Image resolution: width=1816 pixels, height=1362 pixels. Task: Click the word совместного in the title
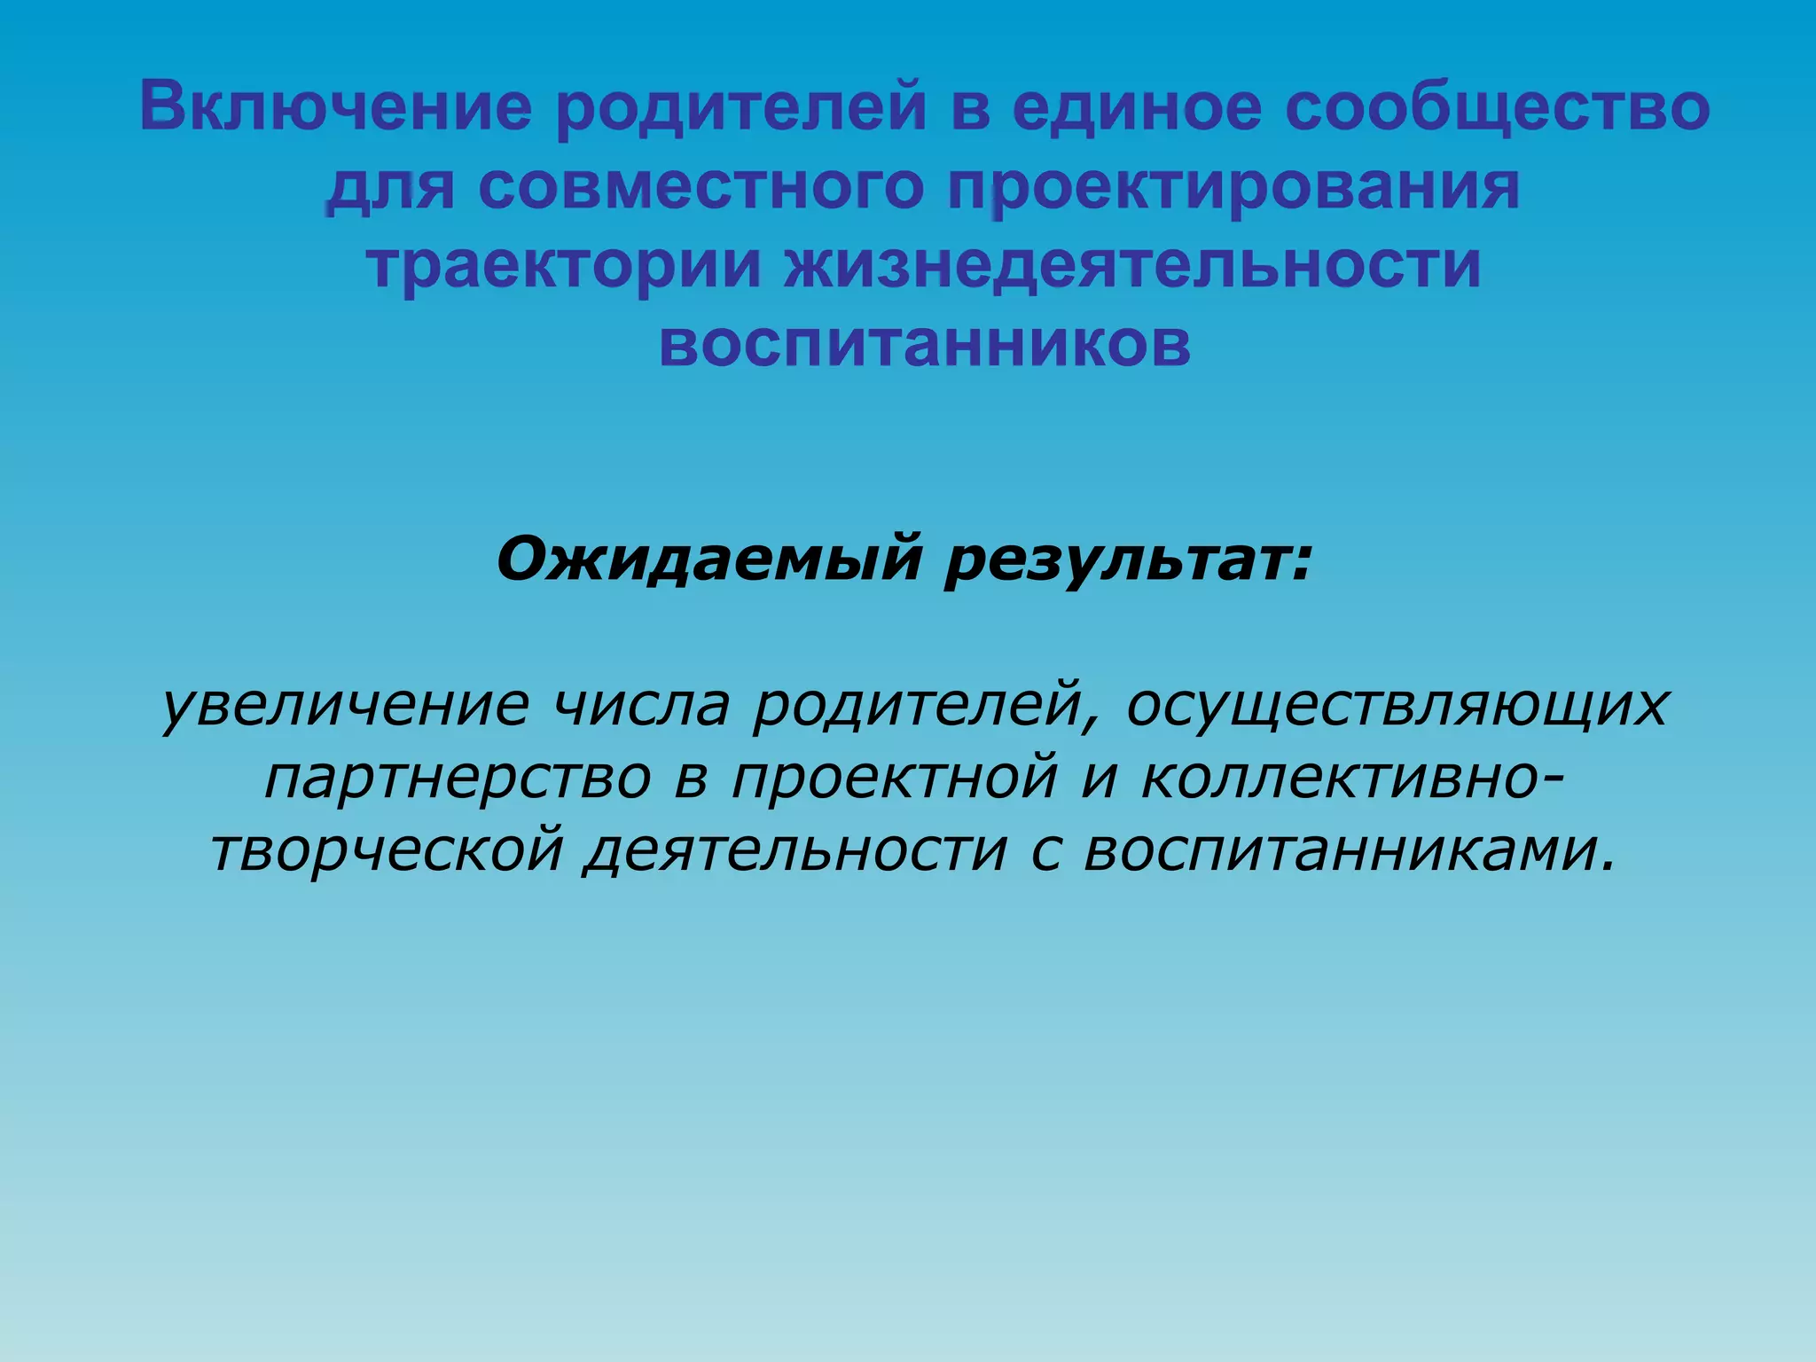tap(701, 187)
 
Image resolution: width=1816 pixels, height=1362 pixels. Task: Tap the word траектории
tap(564, 265)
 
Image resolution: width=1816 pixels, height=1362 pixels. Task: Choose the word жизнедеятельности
tap(1132, 265)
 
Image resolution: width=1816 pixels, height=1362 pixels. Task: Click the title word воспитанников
tap(925, 343)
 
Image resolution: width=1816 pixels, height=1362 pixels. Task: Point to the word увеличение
tap(347, 705)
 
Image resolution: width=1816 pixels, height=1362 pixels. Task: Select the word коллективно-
tap(1353, 778)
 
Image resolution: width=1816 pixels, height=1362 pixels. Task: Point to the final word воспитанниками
tap(1348, 849)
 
